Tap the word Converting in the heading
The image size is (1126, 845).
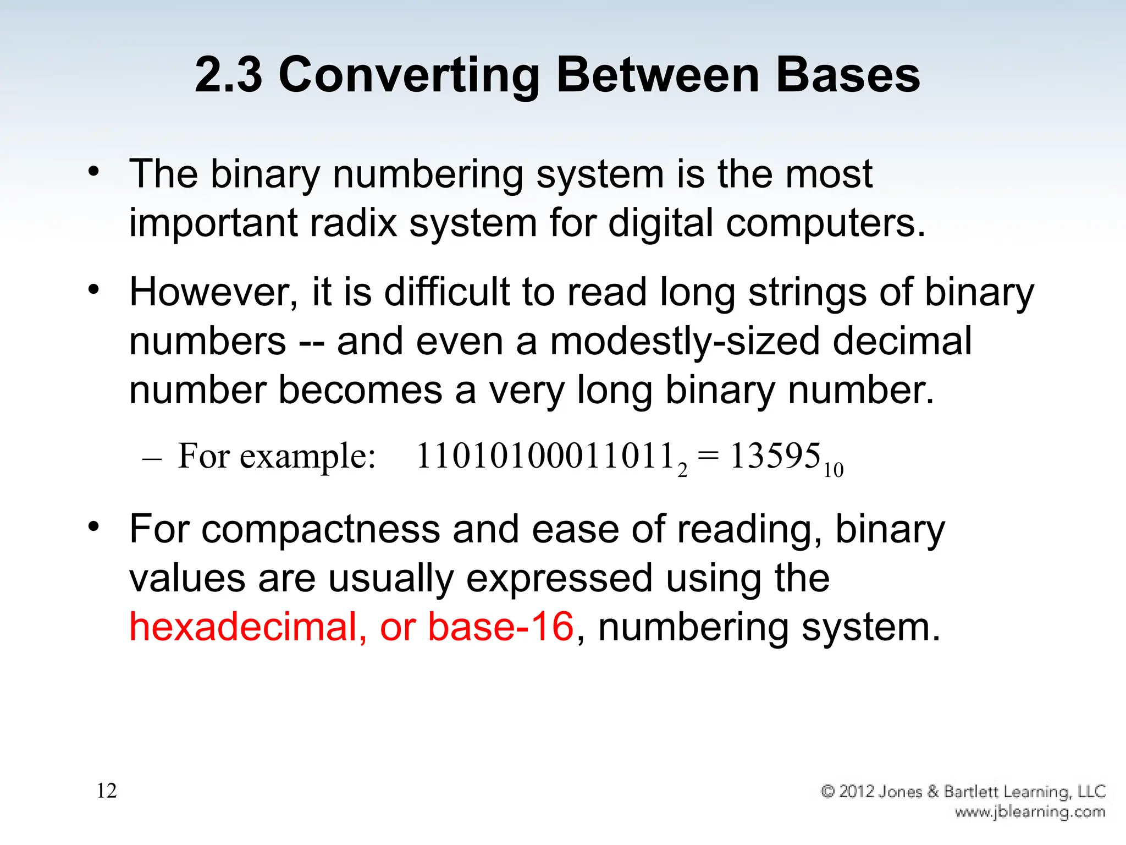409,76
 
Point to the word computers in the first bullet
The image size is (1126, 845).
825,224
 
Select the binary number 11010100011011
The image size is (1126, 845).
545,457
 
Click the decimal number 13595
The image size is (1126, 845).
775,457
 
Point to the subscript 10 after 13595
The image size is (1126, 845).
834,471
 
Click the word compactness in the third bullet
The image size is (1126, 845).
321,529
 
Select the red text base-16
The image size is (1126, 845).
500,627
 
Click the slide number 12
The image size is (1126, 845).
107,791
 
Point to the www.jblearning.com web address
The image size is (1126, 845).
1030,811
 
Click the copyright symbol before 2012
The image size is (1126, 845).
828,791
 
